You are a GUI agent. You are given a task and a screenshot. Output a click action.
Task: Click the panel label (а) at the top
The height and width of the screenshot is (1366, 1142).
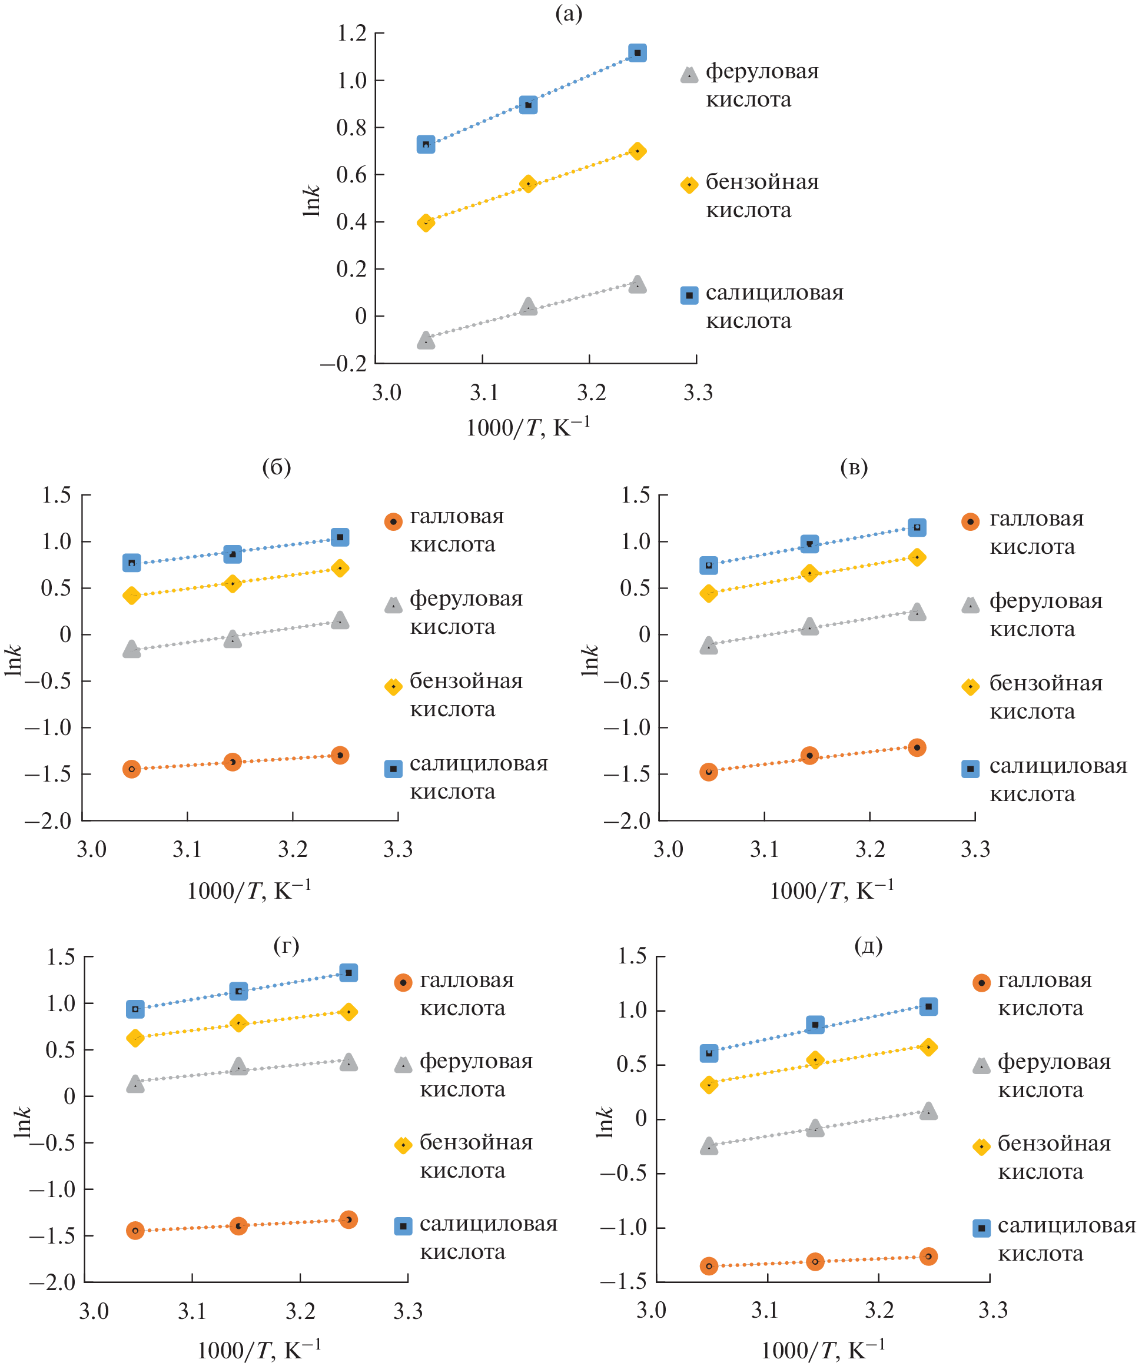pyautogui.click(x=568, y=13)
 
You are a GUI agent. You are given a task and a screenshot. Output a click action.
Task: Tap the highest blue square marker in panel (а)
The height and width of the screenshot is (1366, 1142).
pyautogui.click(x=637, y=53)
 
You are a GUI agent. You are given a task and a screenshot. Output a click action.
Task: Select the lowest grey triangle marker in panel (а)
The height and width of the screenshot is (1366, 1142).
pyautogui.click(x=426, y=340)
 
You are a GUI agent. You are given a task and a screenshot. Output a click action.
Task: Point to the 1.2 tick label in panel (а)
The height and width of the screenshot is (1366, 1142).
pyautogui.click(x=351, y=33)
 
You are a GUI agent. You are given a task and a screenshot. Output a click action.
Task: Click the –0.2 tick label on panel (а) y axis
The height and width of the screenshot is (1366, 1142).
pyautogui.click(x=343, y=364)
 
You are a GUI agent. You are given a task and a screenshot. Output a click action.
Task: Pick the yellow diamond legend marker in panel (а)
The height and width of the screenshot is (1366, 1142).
pyautogui.click(x=689, y=185)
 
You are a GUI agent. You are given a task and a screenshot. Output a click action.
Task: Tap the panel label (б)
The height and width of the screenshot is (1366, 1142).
pyautogui.click(x=276, y=467)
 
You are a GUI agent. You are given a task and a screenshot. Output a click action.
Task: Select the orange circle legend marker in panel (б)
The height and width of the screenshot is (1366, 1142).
pyautogui.click(x=393, y=521)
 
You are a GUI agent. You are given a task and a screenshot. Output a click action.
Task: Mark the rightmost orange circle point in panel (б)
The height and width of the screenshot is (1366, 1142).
pyautogui.click(x=340, y=755)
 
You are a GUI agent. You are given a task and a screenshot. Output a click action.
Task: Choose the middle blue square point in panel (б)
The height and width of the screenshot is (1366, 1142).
pyautogui.click(x=233, y=554)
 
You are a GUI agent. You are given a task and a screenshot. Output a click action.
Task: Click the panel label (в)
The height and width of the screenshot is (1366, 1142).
pyautogui.click(x=854, y=467)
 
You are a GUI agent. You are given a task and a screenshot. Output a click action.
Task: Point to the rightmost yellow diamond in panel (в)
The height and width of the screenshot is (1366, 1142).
pyautogui.click(x=917, y=557)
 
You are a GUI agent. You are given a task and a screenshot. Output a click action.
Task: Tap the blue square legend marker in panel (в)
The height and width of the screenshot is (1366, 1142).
pyautogui.click(x=970, y=769)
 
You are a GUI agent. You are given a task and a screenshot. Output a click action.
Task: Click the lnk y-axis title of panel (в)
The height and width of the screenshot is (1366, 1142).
pyautogui.click(x=590, y=660)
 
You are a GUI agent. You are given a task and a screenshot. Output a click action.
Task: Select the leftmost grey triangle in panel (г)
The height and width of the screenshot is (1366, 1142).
pyautogui.click(x=135, y=1084)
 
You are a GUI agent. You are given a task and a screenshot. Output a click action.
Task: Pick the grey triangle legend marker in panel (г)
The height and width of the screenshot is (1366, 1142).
pyautogui.click(x=403, y=1065)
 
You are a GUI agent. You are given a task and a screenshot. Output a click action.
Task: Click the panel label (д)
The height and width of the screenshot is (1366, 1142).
pyautogui.click(x=868, y=946)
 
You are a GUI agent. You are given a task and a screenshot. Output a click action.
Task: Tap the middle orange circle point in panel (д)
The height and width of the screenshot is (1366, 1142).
pyautogui.click(x=815, y=1261)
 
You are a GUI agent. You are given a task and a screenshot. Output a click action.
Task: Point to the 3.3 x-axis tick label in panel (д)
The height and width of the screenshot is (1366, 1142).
pyautogui.click(x=992, y=1310)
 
